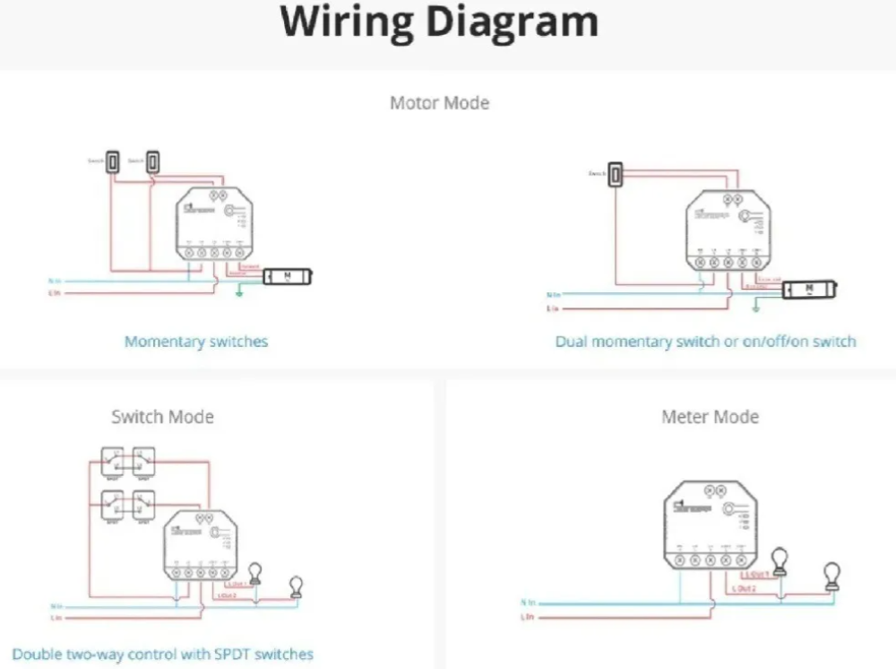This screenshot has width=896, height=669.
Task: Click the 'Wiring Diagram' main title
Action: click(x=439, y=22)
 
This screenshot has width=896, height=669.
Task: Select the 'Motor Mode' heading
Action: click(x=439, y=103)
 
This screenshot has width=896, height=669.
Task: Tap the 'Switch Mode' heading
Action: click(x=162, y=417)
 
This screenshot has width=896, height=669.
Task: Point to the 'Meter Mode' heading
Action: click(x=710, y=417)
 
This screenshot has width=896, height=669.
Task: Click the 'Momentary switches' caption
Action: click(x=196, y=342)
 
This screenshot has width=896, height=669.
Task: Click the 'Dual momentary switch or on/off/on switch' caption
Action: click(x=705, y=342)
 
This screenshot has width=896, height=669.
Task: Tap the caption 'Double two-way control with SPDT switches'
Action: click(x=163, y=655)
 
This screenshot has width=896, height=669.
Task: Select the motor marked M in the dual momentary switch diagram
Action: click(x=809, y=290)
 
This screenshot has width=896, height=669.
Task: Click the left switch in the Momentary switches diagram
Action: click(x=114, y=161)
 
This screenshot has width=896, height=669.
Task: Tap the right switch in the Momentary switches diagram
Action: click(x=154, y=161)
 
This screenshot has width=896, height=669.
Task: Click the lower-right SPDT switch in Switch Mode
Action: click(x=143, y=506)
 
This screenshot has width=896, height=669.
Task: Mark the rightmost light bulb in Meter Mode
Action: click(x=832, y=577)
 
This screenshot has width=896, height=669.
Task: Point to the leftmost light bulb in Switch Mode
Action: click(x=255, y=574)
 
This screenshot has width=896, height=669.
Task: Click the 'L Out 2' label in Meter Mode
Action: click(x=743, y=588)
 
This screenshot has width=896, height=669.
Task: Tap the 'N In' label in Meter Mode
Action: click(x=528, y=603)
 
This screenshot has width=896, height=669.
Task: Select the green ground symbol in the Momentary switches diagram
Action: click(x=239, y=292)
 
